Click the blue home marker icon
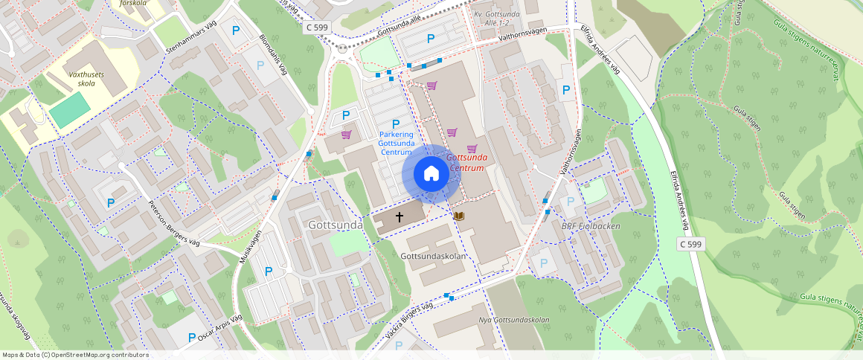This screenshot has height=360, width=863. [x=431, y=174]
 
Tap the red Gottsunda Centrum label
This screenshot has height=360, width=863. [x=466, y=163]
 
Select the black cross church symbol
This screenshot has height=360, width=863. [x=400, y=217]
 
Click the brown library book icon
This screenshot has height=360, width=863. [x=459, y=216]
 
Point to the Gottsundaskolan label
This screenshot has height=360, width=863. [x=433, y=257]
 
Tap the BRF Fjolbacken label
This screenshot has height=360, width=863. [x=591, y=226]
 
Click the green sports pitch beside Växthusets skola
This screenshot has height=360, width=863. [x=70, y=109]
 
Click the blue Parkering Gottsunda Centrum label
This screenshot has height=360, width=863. [x=396, y=143]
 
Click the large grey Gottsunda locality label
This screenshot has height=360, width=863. [x=336, y=225]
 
